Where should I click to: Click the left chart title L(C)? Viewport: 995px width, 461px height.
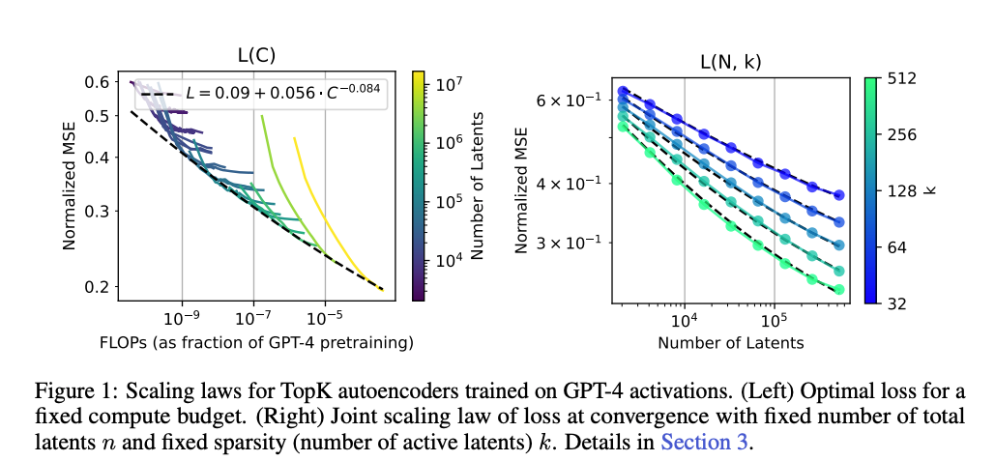tap(256, 56)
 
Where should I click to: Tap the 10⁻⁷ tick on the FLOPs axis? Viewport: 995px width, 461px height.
tap(253, 317)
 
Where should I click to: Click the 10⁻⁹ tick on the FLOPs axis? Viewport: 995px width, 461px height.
tap(182, 317)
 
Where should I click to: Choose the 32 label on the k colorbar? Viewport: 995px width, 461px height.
tap(895, 303)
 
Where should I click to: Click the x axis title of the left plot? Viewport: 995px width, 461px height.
tap(256, 342)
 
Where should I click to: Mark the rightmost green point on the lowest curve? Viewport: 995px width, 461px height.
tap(838, 289)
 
